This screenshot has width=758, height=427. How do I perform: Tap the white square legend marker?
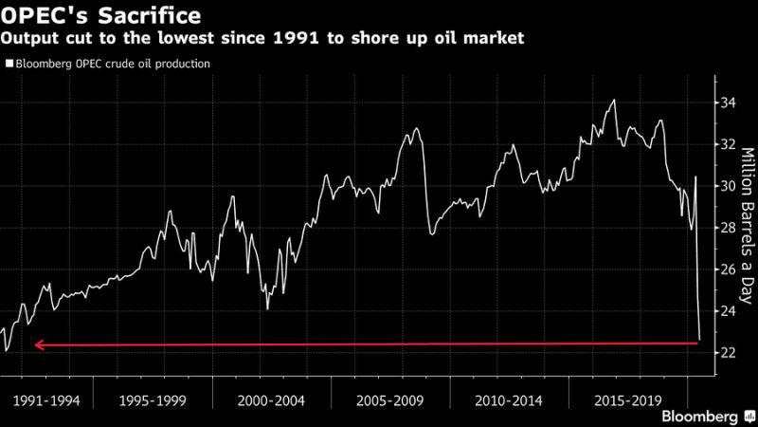9,65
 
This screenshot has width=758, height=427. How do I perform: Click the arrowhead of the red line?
39,345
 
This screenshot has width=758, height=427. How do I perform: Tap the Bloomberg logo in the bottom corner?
699,416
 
